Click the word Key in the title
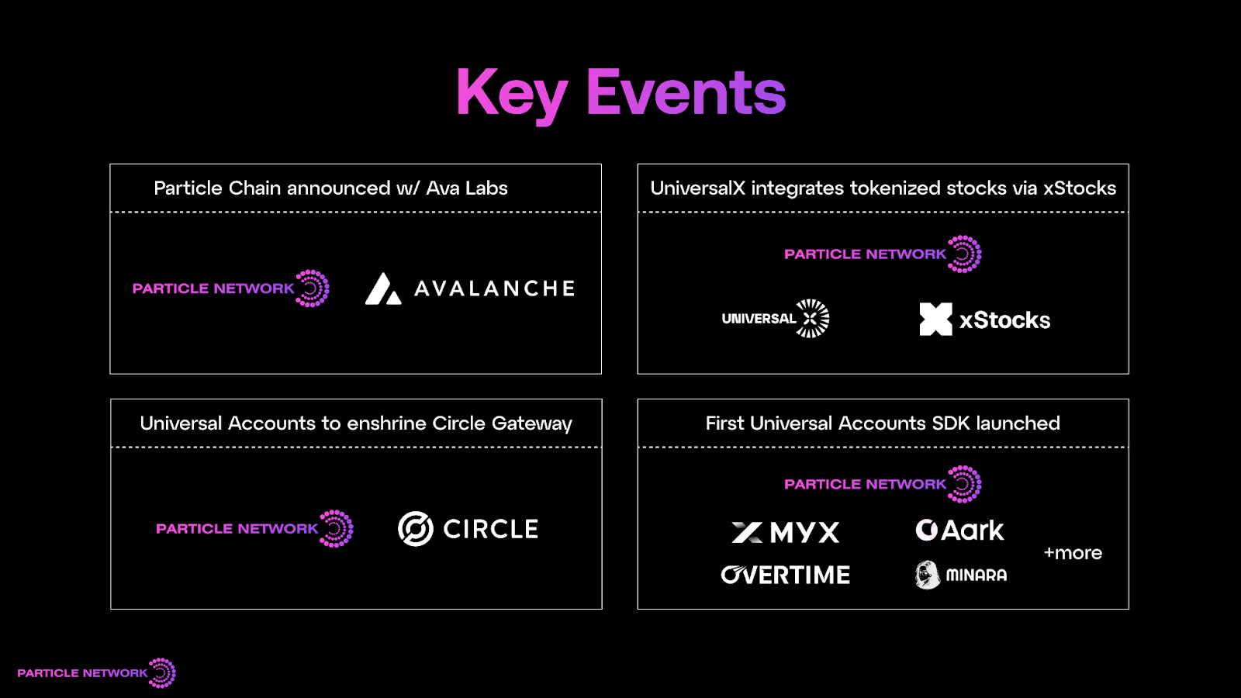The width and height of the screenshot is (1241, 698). tap(512, 93)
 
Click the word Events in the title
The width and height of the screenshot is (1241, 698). tap(686, 93)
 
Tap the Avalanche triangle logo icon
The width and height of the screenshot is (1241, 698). tap(383, 289)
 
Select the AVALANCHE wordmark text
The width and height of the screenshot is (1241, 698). tap(495, 289)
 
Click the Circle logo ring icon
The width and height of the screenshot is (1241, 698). tap(416, 529)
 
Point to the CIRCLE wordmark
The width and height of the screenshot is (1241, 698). tap(490, 529)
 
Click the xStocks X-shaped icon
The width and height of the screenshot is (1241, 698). tap(935, 319)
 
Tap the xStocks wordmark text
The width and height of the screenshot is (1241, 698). tap(1004, 320)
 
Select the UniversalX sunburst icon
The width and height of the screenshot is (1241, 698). tap(812, 318)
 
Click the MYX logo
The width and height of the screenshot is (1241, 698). tap(786, 532)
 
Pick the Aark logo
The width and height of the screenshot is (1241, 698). tap(959, 530)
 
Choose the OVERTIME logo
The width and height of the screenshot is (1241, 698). tap(785, 575)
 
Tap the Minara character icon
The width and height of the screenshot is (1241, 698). tap(927, 575)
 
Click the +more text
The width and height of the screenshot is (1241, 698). tap(1073, 553)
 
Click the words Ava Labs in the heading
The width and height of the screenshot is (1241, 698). tap(467, 188)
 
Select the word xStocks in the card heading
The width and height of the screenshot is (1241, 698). tap(1079, 188)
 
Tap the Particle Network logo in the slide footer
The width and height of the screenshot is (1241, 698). tap(96, 672)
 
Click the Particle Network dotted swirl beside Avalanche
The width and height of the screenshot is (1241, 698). tap(313, 289)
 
